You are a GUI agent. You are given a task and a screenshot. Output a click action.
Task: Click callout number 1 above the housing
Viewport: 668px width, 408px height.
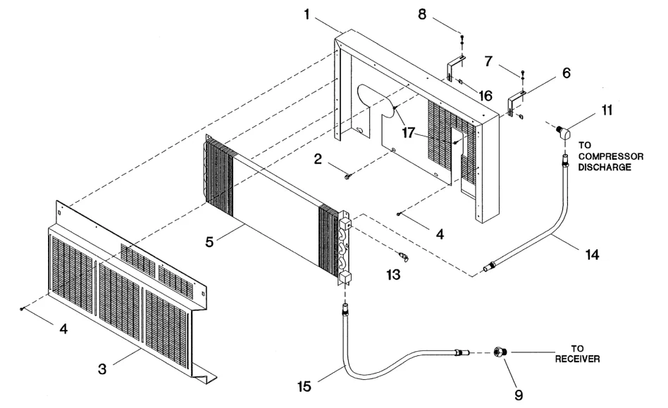pos(307,15)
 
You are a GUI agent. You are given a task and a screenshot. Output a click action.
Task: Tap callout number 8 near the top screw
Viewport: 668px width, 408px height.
pos(422,14)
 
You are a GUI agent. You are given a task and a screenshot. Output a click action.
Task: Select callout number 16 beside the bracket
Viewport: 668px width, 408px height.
pos(485,96)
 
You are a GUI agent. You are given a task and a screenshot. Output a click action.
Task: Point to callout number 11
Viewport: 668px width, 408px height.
pos(607,110)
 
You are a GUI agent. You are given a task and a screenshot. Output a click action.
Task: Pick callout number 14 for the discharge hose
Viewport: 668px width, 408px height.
pos(592,255)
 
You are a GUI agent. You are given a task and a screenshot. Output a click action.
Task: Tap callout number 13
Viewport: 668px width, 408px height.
pos(393,274)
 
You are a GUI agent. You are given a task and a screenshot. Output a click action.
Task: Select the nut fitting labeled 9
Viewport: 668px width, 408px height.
pos(499,352)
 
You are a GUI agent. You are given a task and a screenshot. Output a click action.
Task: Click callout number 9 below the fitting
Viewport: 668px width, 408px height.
pos(519,395)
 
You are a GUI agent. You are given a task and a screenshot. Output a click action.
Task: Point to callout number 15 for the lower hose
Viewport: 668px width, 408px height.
pos(304,386)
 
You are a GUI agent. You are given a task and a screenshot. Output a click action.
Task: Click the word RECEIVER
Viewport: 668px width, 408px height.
pos(577,359)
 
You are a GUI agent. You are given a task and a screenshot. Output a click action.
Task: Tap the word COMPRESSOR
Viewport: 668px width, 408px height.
pos(611,156)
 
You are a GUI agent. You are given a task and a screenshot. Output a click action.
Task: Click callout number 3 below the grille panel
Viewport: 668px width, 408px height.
pos(101,369)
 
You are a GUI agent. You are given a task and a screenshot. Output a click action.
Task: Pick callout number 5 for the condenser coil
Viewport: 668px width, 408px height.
pos(209,242)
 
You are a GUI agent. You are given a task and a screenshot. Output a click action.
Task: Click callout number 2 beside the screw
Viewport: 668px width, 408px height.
pos(318,159)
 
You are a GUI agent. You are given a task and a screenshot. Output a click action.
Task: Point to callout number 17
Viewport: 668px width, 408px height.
pos(408,133)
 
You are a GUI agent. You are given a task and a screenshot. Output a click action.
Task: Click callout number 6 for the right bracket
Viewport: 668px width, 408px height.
pos(567,72)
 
